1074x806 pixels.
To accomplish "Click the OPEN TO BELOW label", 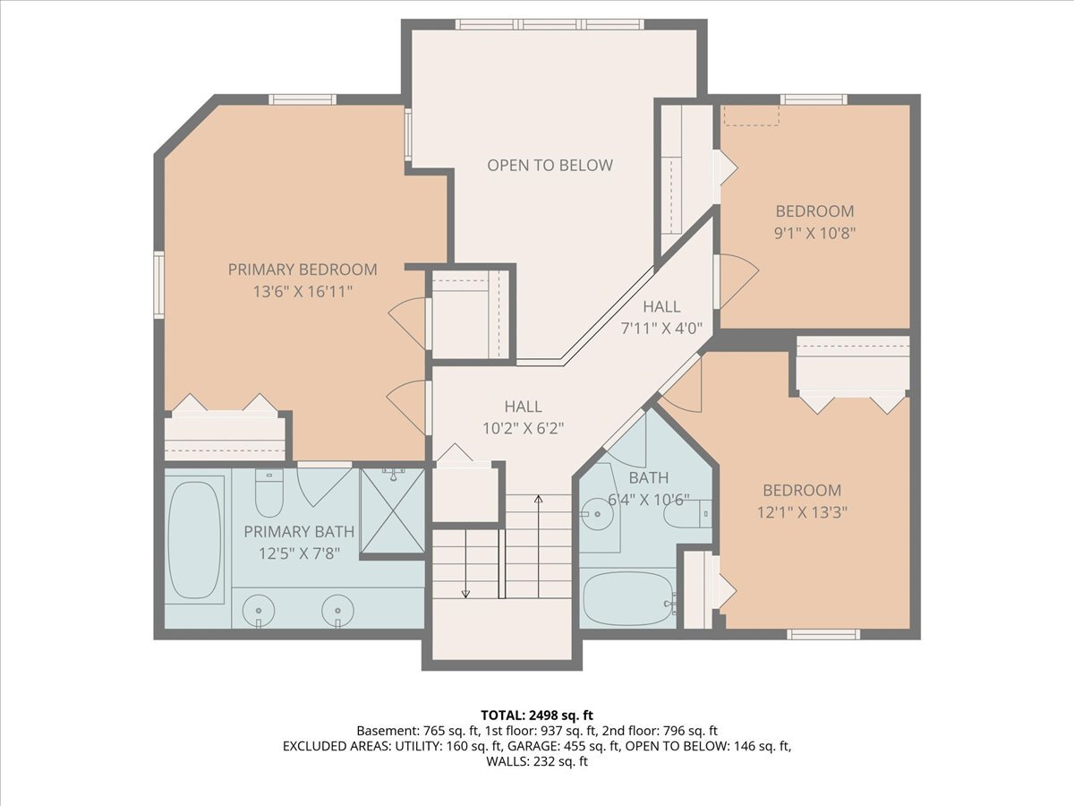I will tap(550, 166).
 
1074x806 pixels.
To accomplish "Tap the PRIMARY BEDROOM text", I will tap(303, 270).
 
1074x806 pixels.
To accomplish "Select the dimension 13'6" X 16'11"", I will tap(303, 291).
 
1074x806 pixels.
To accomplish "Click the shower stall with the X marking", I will tap(392, 510).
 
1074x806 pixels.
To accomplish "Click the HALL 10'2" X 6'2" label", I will tap(524, 417).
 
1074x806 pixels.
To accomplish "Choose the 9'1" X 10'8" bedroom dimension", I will tap(814, 233).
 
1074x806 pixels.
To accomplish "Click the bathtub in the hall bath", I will tap(628, 598).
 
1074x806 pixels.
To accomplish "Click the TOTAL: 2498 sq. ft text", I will tap(537, 715).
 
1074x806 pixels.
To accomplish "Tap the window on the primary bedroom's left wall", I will tap(159, 285).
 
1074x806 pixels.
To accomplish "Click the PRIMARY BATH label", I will tap(299, 531).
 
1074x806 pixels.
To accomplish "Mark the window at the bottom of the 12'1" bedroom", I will tap(823, 634).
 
